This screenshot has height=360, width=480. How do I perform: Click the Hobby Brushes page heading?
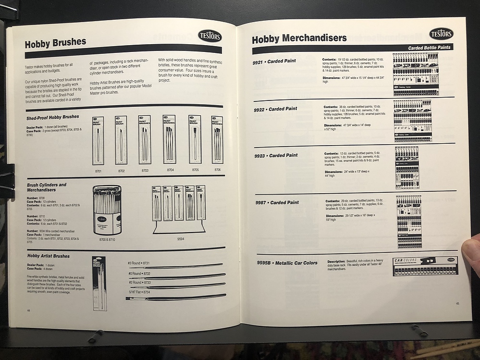[x=55, y=42]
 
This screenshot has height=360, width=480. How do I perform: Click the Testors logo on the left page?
[x=209, y=36]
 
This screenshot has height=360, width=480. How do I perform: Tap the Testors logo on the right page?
[x=441, y=34]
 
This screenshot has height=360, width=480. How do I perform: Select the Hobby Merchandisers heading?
[x=299, y=38]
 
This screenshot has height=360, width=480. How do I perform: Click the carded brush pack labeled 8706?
[x=217, y=139]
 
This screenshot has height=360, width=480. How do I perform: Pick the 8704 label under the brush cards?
[x=170, y=170]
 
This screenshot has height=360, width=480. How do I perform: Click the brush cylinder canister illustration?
[x=107, y=210]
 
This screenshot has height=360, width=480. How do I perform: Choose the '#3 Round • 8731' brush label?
[x=139, y=263]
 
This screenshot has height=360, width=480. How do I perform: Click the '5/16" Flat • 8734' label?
[x=139, y=291]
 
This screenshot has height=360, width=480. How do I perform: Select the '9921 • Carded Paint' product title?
[x=274, y=62]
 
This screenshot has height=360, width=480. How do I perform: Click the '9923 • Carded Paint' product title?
[x=276, y=156]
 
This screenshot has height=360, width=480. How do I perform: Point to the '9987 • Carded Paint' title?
[x=277, y=203]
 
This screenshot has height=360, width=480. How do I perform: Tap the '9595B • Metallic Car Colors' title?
[x=287, y=263]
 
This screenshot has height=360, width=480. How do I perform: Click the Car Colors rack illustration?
[x=425, y=266]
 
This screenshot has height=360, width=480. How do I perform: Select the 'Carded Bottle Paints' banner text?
[x=429, y=48]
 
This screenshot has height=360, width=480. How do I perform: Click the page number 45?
[x=457, y=303]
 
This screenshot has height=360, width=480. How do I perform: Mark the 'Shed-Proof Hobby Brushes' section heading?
[x=53, y=117]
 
